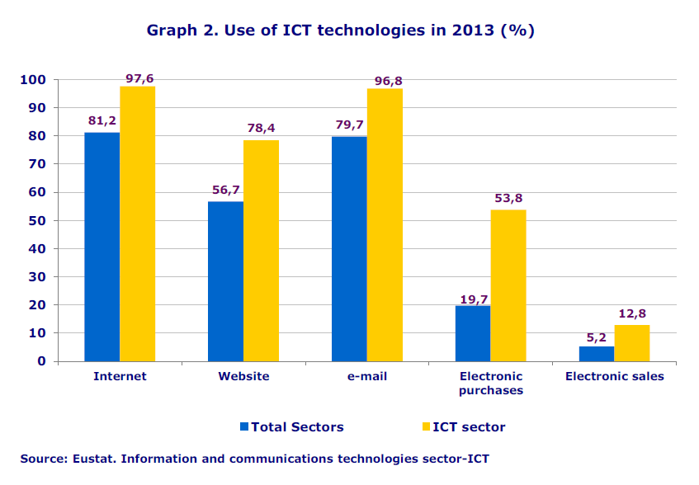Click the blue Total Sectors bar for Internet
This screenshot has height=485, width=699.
coord(102,247)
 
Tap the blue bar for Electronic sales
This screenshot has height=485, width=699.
coord(597,354)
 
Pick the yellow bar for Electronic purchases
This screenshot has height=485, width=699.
coord(508,285)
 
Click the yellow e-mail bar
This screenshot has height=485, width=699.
coord(385,224)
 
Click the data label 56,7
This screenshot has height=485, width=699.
coord(225,190)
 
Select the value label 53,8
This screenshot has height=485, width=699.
coord(508,198)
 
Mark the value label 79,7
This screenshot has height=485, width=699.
coord(349,125)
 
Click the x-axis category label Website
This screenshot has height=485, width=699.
coord(243,376)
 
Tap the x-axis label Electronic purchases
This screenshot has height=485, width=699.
coord(491,384)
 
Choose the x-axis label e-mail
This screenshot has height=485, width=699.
coord(367,376)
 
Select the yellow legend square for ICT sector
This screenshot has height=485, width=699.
coord(426,426)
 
